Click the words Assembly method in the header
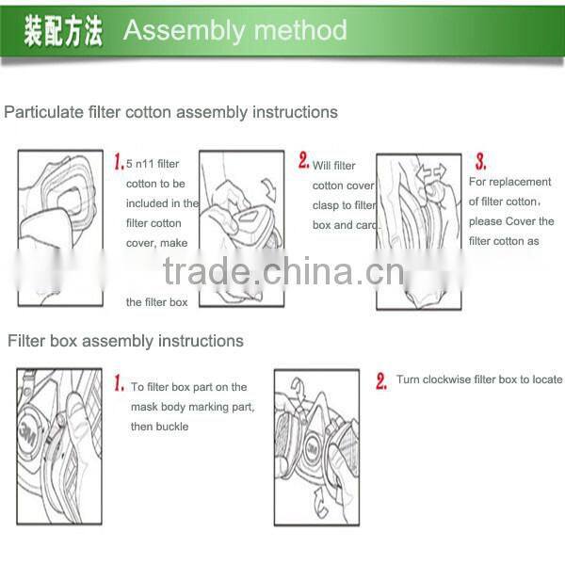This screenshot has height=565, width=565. point(235,30)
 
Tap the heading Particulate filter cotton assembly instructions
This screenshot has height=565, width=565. point(170,112)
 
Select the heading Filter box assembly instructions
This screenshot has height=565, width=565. point(125,341)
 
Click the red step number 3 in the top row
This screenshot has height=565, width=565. point(480,162)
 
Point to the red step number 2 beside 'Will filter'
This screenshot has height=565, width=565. point(304,162)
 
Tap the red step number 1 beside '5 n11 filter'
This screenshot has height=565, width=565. point(119,162)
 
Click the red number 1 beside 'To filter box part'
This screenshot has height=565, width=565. point(119,384)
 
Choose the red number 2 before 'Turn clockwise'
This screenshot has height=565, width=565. point(381,381)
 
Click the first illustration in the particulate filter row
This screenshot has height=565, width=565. point(60,227)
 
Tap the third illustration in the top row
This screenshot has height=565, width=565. point(418,231)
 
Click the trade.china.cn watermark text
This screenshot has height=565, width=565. point(282,272)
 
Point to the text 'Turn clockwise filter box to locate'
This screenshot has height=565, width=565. point(479,379)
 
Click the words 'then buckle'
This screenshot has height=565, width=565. point(160,427)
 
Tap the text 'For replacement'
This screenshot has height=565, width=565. point(510,182)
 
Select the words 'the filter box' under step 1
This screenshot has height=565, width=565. point(157,302)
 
